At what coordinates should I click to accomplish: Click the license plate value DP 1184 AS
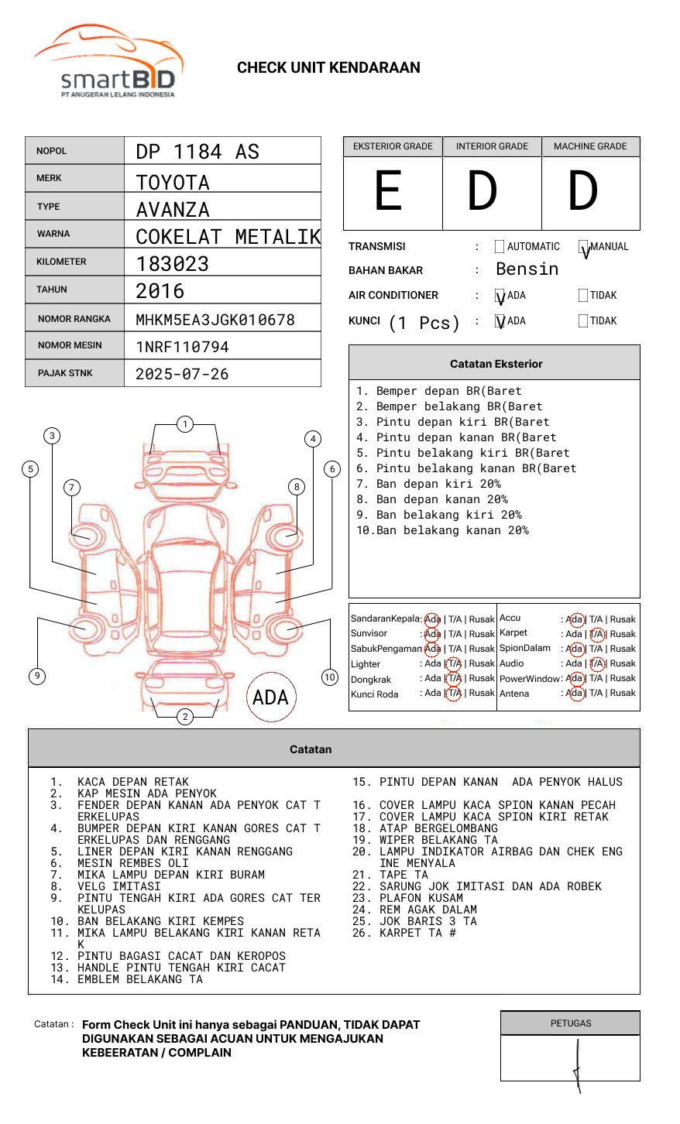tap(197, 152)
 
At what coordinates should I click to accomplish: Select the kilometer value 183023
tap(172, 264)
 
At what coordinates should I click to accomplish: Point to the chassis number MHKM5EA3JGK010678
tap(215, 320)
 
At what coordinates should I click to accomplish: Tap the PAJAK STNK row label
tap(65, 373)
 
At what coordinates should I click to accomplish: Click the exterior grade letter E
tap(388, 190)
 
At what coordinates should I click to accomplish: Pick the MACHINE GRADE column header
tap(590, 146)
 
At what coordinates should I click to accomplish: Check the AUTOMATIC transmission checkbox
tap(500, 246)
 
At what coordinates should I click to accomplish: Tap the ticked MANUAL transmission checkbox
tap(583, 246)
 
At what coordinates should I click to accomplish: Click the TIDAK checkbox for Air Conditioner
tap(583, 295)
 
